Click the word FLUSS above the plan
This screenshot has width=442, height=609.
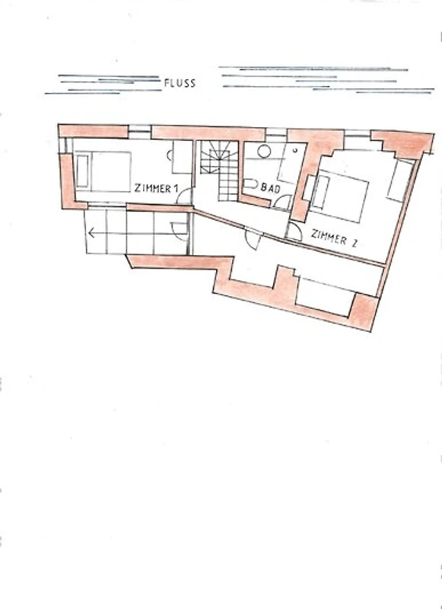180,83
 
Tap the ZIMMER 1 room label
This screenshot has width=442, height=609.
157,188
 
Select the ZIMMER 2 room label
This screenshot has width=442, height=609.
334,238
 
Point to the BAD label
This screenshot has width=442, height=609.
271,188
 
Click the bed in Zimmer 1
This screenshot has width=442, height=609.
103,171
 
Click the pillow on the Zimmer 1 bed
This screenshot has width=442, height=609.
82,171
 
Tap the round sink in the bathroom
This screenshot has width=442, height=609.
264,151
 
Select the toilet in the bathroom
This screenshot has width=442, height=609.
251,183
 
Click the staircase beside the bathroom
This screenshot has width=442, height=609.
220,170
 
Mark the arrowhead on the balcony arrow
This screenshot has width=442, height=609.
91,233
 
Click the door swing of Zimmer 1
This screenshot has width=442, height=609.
184,196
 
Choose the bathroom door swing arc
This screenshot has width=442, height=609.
282,202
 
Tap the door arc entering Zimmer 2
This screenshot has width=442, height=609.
294,231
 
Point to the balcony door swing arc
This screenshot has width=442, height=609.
179,231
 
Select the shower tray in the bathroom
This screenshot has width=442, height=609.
293,163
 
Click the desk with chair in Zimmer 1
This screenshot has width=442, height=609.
180,157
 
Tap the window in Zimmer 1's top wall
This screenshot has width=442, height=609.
139,132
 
